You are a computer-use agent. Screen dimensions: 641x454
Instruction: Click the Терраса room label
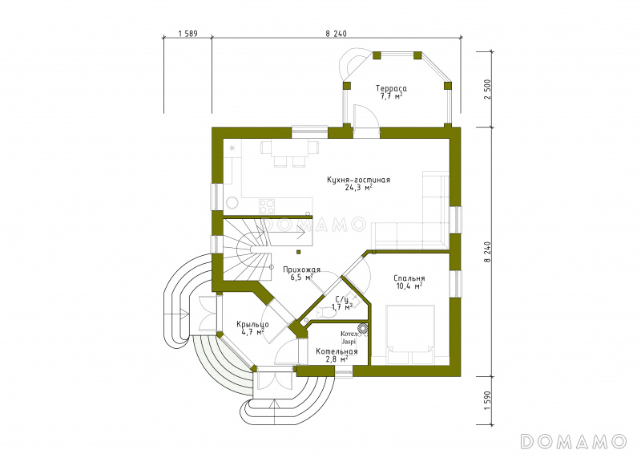391,88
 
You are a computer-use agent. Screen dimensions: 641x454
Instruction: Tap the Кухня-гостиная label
358,180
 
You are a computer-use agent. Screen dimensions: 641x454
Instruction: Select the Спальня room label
409,278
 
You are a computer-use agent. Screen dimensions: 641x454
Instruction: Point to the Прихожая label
302,270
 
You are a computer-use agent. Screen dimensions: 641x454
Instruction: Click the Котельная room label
337,351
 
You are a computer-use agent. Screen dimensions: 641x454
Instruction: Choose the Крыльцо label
252,325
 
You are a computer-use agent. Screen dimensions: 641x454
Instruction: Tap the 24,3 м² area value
358,188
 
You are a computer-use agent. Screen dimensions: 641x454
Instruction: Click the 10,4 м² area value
409,286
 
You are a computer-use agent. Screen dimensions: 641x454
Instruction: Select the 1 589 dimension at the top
188,34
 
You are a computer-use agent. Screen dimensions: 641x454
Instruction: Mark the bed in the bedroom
410,334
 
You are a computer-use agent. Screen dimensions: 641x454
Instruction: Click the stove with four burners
267,206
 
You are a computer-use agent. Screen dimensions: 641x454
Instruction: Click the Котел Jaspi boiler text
349,338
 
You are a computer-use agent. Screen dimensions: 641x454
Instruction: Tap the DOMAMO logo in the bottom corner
573,441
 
